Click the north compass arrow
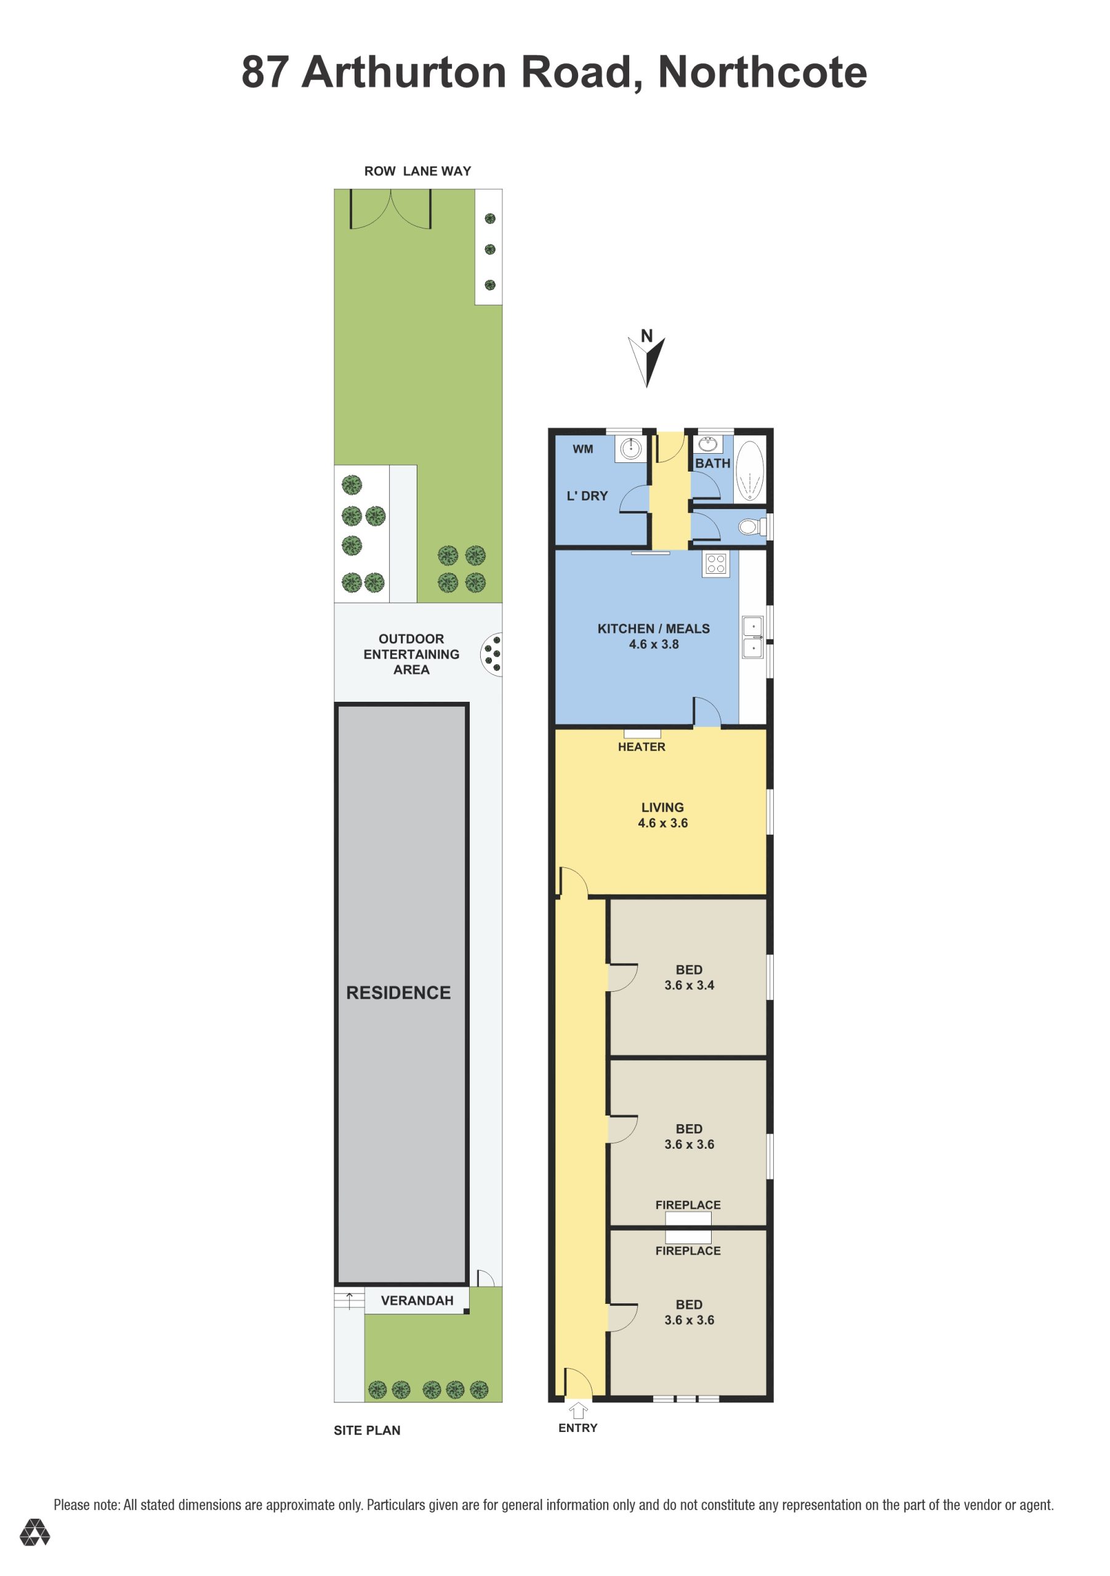click(647, 363)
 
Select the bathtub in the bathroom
click(748, 471)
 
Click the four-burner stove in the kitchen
click(715, 563)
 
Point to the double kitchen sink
click(752, 638)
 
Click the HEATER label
click(641, 747)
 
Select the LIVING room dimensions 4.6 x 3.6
click(662, 823)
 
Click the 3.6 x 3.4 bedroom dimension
click(689, 985)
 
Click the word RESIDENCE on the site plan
click(398, 992)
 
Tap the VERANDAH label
click(417, 1300)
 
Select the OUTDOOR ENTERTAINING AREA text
click(411, 654)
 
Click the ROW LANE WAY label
click(417, 171)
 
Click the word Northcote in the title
click(762, 72)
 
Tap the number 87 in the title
click(263, 72)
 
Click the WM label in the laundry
click(583, 449)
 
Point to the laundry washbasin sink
click(630, 449)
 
